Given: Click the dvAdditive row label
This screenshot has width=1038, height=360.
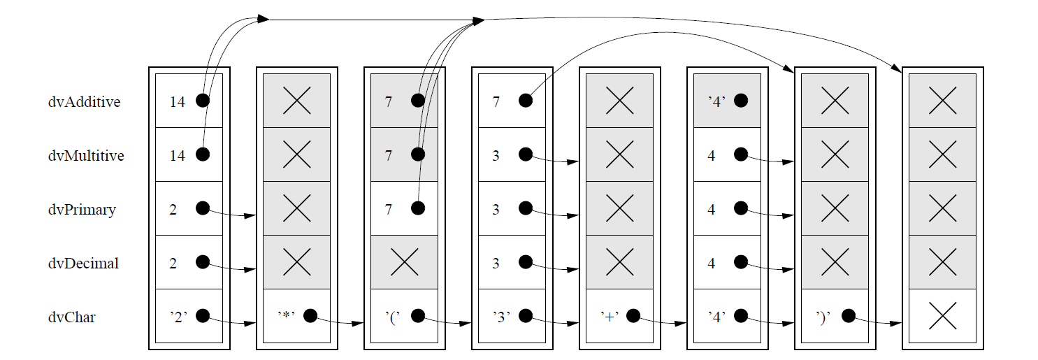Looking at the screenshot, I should click(84, 102).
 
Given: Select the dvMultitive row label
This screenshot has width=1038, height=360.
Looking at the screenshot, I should click(86, 156).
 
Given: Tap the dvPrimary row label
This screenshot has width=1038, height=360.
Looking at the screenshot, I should click(82, 210).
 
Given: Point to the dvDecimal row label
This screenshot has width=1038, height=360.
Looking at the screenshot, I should click(83, 264).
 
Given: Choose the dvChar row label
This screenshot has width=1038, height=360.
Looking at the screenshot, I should click(71, 317).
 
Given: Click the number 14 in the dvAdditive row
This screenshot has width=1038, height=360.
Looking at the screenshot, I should click(178, 102).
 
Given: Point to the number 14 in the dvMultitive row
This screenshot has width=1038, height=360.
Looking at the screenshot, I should click(178, 156).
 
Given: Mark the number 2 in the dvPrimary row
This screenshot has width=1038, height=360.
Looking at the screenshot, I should click(173, 210).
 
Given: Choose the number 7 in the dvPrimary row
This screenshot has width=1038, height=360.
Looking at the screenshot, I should click(388, 210).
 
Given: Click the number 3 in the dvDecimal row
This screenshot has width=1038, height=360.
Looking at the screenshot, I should click(496, 264).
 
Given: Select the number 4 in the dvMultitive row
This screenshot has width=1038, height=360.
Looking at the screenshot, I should click(711, 156).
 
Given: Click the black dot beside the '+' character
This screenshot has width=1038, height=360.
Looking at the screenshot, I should click(633, 316).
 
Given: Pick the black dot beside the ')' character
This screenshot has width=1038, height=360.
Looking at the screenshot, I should click(849, 316).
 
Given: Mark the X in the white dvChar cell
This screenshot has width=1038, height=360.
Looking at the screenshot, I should click(942, 317).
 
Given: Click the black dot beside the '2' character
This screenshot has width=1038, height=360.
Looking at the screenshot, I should click(203, 316).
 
